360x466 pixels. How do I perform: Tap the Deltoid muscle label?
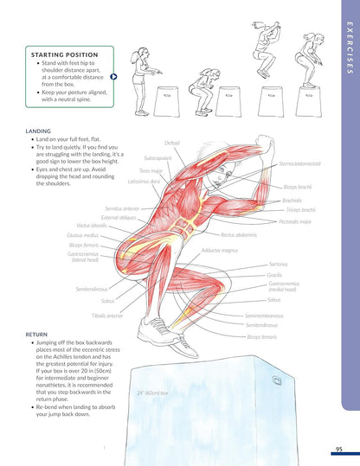tap(172, 143)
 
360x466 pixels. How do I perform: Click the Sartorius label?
tap(278, 263)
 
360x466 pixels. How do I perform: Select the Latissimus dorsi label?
tap(144, 182)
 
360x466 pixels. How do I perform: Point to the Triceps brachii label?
tap(300, 210)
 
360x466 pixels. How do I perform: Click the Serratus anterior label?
tap(121, 208)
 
